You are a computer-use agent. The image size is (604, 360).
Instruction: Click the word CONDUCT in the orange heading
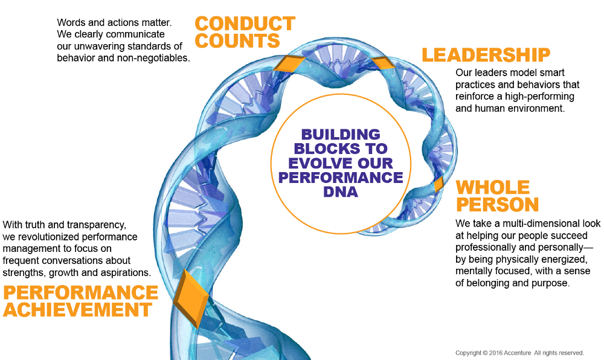245,24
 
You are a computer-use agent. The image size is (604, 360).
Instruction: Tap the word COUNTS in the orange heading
237,40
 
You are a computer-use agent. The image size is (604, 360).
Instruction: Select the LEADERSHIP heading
486,55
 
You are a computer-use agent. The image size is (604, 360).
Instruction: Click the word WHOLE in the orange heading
492,187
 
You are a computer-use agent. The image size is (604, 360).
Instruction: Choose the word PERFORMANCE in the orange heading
80,292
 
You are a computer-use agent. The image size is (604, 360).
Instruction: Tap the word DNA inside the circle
341,191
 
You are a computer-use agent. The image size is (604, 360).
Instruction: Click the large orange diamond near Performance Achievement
191,298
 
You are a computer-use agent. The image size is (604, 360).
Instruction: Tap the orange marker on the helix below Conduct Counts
288,62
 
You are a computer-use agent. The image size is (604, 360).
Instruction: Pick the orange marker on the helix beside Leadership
382,63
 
